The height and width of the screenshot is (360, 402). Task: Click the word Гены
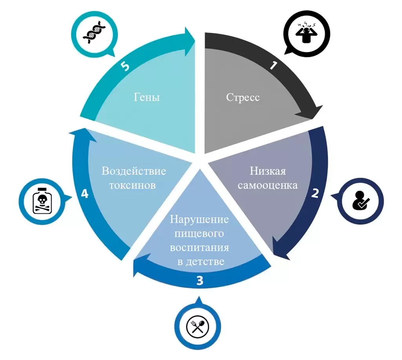147,97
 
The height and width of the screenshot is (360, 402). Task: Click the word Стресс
243,97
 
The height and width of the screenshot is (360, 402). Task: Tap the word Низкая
268,171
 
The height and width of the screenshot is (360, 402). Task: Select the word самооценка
268,185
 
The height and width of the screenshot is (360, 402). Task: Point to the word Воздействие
134,171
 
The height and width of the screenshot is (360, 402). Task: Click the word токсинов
132,185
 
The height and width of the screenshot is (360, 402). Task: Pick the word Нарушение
199,220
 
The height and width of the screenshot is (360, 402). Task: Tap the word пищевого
199,233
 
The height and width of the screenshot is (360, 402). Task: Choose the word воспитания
199,247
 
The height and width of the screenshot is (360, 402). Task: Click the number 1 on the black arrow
273,65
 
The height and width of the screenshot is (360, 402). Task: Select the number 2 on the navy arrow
315,193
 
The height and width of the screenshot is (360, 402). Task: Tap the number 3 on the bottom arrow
200,281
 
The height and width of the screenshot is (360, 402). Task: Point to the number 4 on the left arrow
85,194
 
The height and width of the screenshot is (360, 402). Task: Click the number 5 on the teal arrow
125,66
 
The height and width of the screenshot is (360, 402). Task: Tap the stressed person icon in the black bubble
306,32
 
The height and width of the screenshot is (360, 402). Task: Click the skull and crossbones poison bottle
42,201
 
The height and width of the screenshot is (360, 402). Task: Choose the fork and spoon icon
198,327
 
